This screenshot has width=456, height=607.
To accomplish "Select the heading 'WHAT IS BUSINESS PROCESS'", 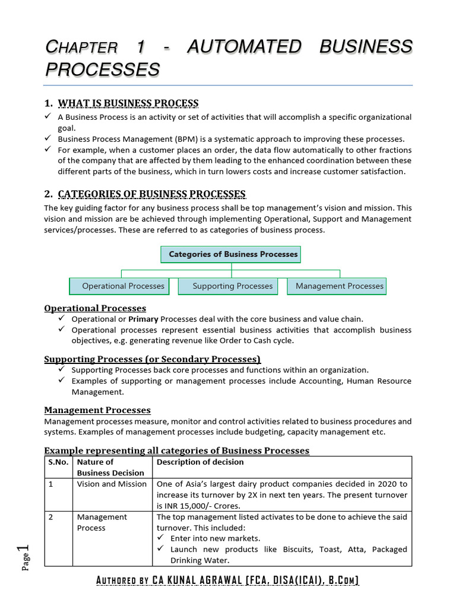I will pyautogui.click(x=128, y=103).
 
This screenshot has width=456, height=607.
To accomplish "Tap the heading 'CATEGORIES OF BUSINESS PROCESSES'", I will pyautogui.click(x=151, y=194).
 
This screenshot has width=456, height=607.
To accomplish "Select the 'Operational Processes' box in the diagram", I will pyautogui.click(x=120, y=286).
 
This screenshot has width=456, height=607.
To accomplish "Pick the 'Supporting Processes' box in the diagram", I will pyautogui.click(x=232, y=286).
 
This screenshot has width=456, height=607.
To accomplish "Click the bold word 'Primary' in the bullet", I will pyautogui.click(x=143, y=319).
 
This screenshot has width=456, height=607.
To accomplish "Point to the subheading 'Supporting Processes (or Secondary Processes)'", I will pyautogui.click(x=153, y=359).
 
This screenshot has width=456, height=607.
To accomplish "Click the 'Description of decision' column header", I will pyautogui.click(x=200, y=462).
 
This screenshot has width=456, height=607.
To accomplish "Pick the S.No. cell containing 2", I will pyautogui.click(x=51, y=517).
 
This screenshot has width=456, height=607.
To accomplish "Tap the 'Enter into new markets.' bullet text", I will pyautogui.click(x=215, y=538).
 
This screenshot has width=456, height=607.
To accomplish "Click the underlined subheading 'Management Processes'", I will pyautogui.click(x=97, y=410).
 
